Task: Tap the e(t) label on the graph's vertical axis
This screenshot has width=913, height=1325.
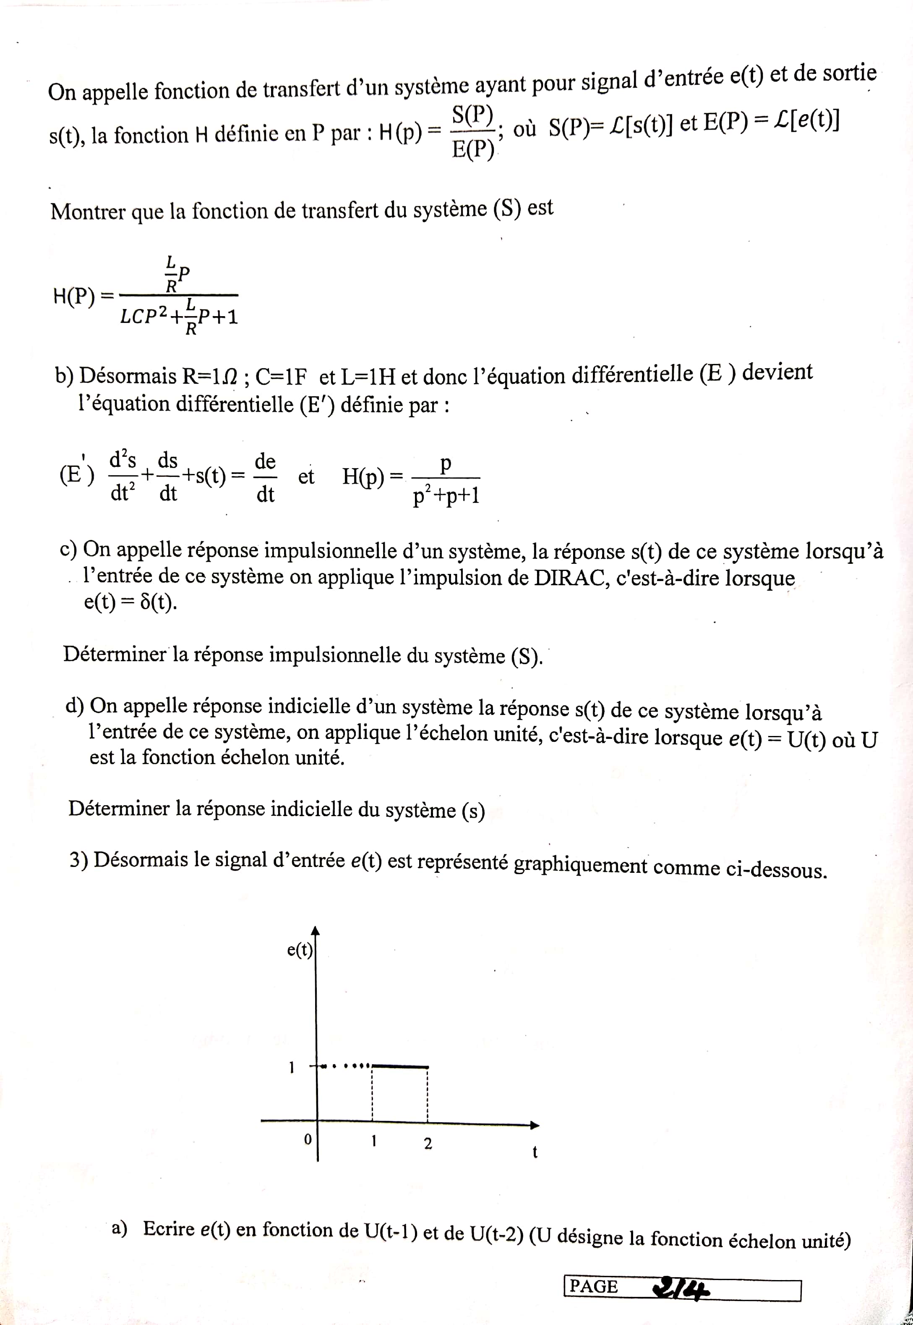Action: pos(300,950)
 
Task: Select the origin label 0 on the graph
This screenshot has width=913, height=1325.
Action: pos(307,1139)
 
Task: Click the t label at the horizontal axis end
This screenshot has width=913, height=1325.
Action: pos(535,1152)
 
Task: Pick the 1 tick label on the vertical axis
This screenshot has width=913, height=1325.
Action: pos(291,1067)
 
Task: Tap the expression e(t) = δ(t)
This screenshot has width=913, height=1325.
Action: pos(130,603)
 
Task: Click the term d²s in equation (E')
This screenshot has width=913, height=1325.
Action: pos(123,460)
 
